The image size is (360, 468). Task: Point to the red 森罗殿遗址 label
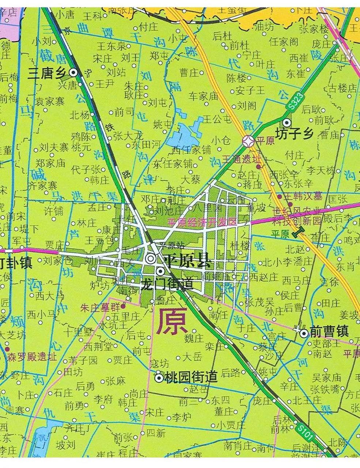coord(32,356)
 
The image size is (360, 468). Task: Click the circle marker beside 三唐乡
coord(73,72)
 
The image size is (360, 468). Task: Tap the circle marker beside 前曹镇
coord(303,333)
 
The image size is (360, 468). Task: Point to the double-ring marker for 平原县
coord(151,258)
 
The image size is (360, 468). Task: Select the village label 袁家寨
coord(50,101)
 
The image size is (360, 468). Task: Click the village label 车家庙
coord(203,96)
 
